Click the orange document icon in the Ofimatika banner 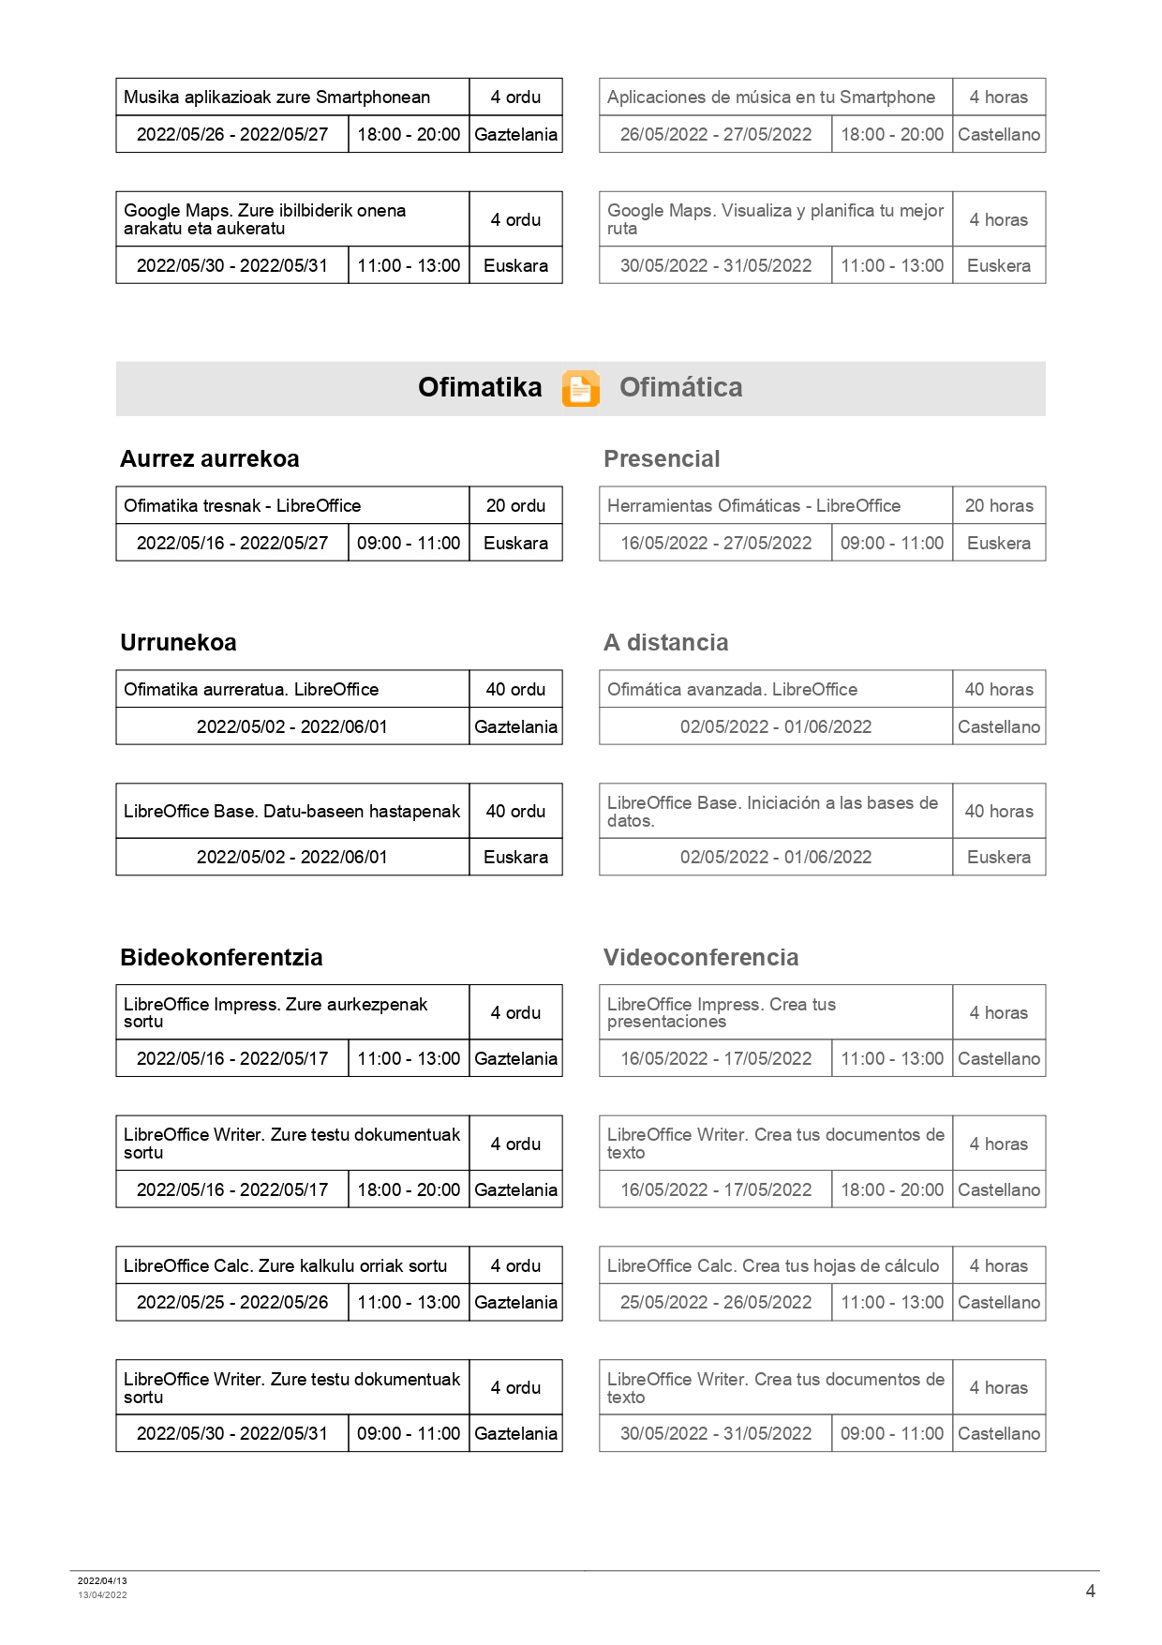580,388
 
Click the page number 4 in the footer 1090,1591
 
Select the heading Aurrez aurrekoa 210,458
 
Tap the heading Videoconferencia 701,957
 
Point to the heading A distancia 665,642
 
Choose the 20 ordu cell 515,505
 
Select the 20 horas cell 999,505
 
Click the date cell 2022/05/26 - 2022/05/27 232,134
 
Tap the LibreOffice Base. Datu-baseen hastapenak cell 291,811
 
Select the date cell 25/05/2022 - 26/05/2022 716,1302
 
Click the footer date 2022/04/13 102,1580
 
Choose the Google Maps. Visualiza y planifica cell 775,219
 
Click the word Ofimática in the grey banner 680,387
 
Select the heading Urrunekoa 178,642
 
